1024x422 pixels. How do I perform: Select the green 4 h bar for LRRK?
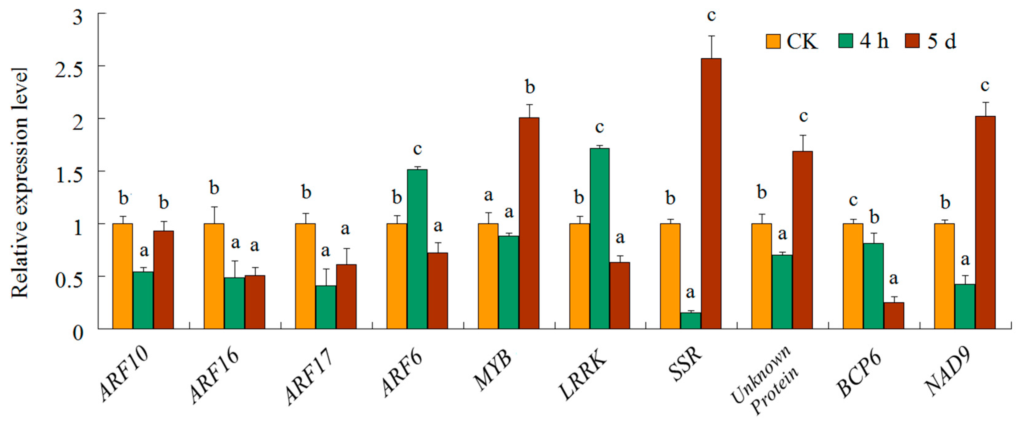[600, 239]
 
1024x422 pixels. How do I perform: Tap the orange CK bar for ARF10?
[122, 276]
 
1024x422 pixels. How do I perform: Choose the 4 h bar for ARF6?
[417, 249]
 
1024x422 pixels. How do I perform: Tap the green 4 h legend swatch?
[845, 41]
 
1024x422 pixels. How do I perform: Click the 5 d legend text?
[941, 41]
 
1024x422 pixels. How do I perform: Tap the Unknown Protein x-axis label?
[765, 380]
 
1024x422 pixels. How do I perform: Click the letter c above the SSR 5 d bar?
[711, 16]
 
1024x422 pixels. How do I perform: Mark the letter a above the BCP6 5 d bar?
[894, 279]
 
